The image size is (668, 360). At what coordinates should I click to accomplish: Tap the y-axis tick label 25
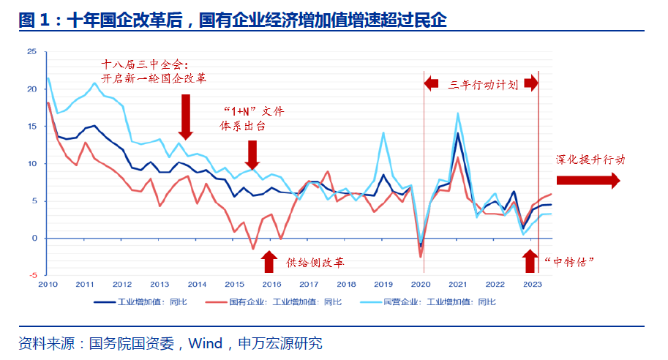31,52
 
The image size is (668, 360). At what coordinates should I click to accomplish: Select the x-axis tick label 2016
271,285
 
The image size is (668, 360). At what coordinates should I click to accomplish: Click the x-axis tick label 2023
533,285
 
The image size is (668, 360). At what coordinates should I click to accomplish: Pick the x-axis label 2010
48,285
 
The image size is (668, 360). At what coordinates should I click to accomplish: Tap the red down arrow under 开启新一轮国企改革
185,116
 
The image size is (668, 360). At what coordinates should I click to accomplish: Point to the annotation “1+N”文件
252,112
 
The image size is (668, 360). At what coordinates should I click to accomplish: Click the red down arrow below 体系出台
252,155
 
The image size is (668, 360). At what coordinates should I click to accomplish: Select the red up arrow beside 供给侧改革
269,261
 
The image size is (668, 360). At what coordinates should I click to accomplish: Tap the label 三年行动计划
482,84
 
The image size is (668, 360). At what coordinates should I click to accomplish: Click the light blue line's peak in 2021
458,113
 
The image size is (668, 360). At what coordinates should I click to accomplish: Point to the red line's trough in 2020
421,256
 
